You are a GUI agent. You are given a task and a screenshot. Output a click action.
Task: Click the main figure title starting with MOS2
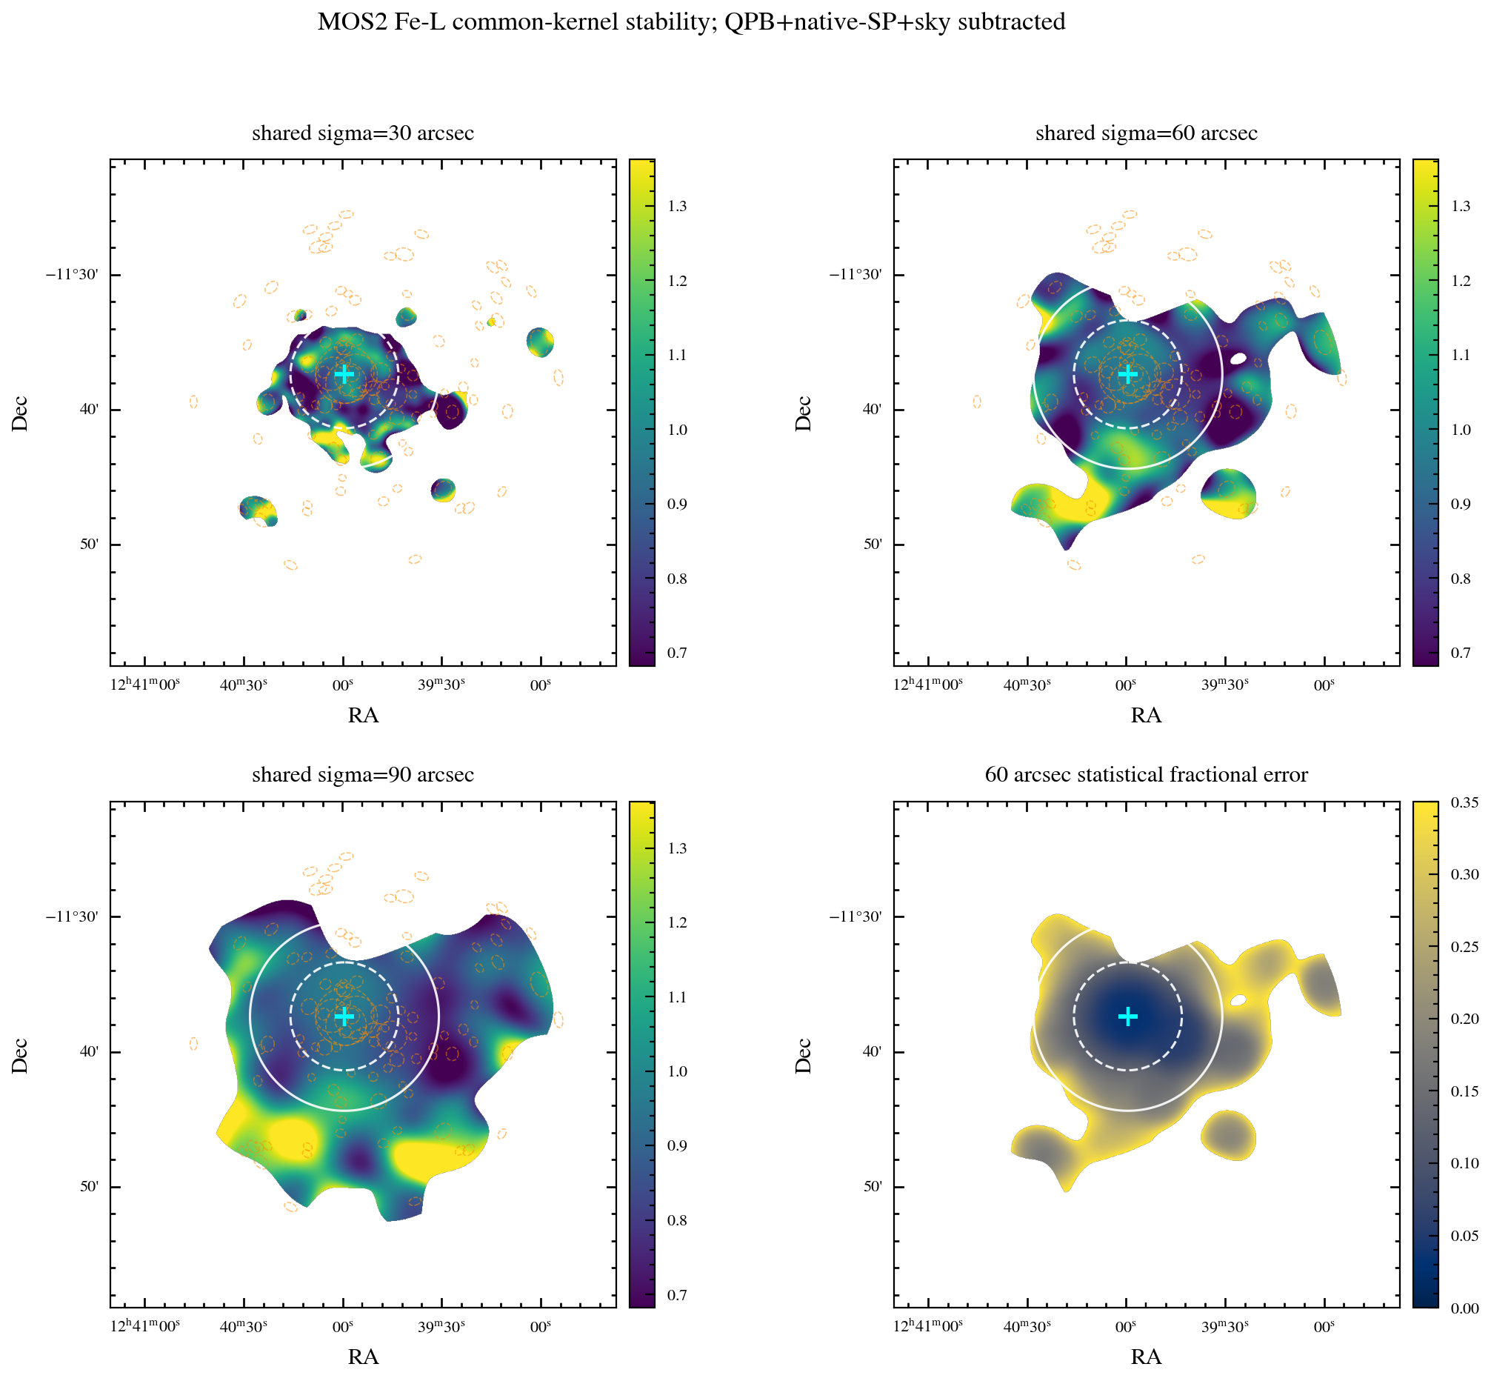click(x=691, y=21)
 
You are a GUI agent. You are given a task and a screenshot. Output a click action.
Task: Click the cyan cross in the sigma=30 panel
click(x=344, y=374)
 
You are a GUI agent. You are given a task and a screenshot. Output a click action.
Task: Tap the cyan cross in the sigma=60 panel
click(x=1127, y=374)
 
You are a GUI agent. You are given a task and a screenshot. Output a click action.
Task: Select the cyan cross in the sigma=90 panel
click(x=344, y=1016)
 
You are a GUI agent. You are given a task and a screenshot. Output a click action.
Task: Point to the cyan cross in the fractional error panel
click(x=1127, y=1016)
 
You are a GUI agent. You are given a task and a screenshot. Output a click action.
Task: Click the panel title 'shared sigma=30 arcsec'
click(x=363, y=133)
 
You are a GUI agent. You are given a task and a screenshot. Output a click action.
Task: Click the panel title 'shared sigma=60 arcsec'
click(x=1146, y=133)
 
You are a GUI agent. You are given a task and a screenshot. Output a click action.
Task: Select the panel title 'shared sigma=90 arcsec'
click(x=363, y=775)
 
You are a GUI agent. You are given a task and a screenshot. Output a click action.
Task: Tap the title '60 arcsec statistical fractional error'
click(x=1146, y=775)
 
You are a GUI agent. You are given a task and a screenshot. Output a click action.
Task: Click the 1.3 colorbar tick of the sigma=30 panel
click(x=678, y=206)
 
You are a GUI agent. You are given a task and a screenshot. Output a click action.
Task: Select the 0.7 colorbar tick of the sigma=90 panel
click(x=678, y=1295)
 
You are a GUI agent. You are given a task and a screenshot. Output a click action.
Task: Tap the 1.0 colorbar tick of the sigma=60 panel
click(x=1461, y=430)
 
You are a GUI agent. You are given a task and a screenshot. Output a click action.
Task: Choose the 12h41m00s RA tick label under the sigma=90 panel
click(x=145, y=1326)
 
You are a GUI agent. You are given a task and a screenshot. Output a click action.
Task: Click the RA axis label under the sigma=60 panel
click(x=1146, y=715)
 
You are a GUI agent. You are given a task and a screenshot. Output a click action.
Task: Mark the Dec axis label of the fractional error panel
click(x=803, y=1056)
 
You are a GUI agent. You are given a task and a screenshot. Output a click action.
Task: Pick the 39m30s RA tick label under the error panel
click(x=1225, y=1326)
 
